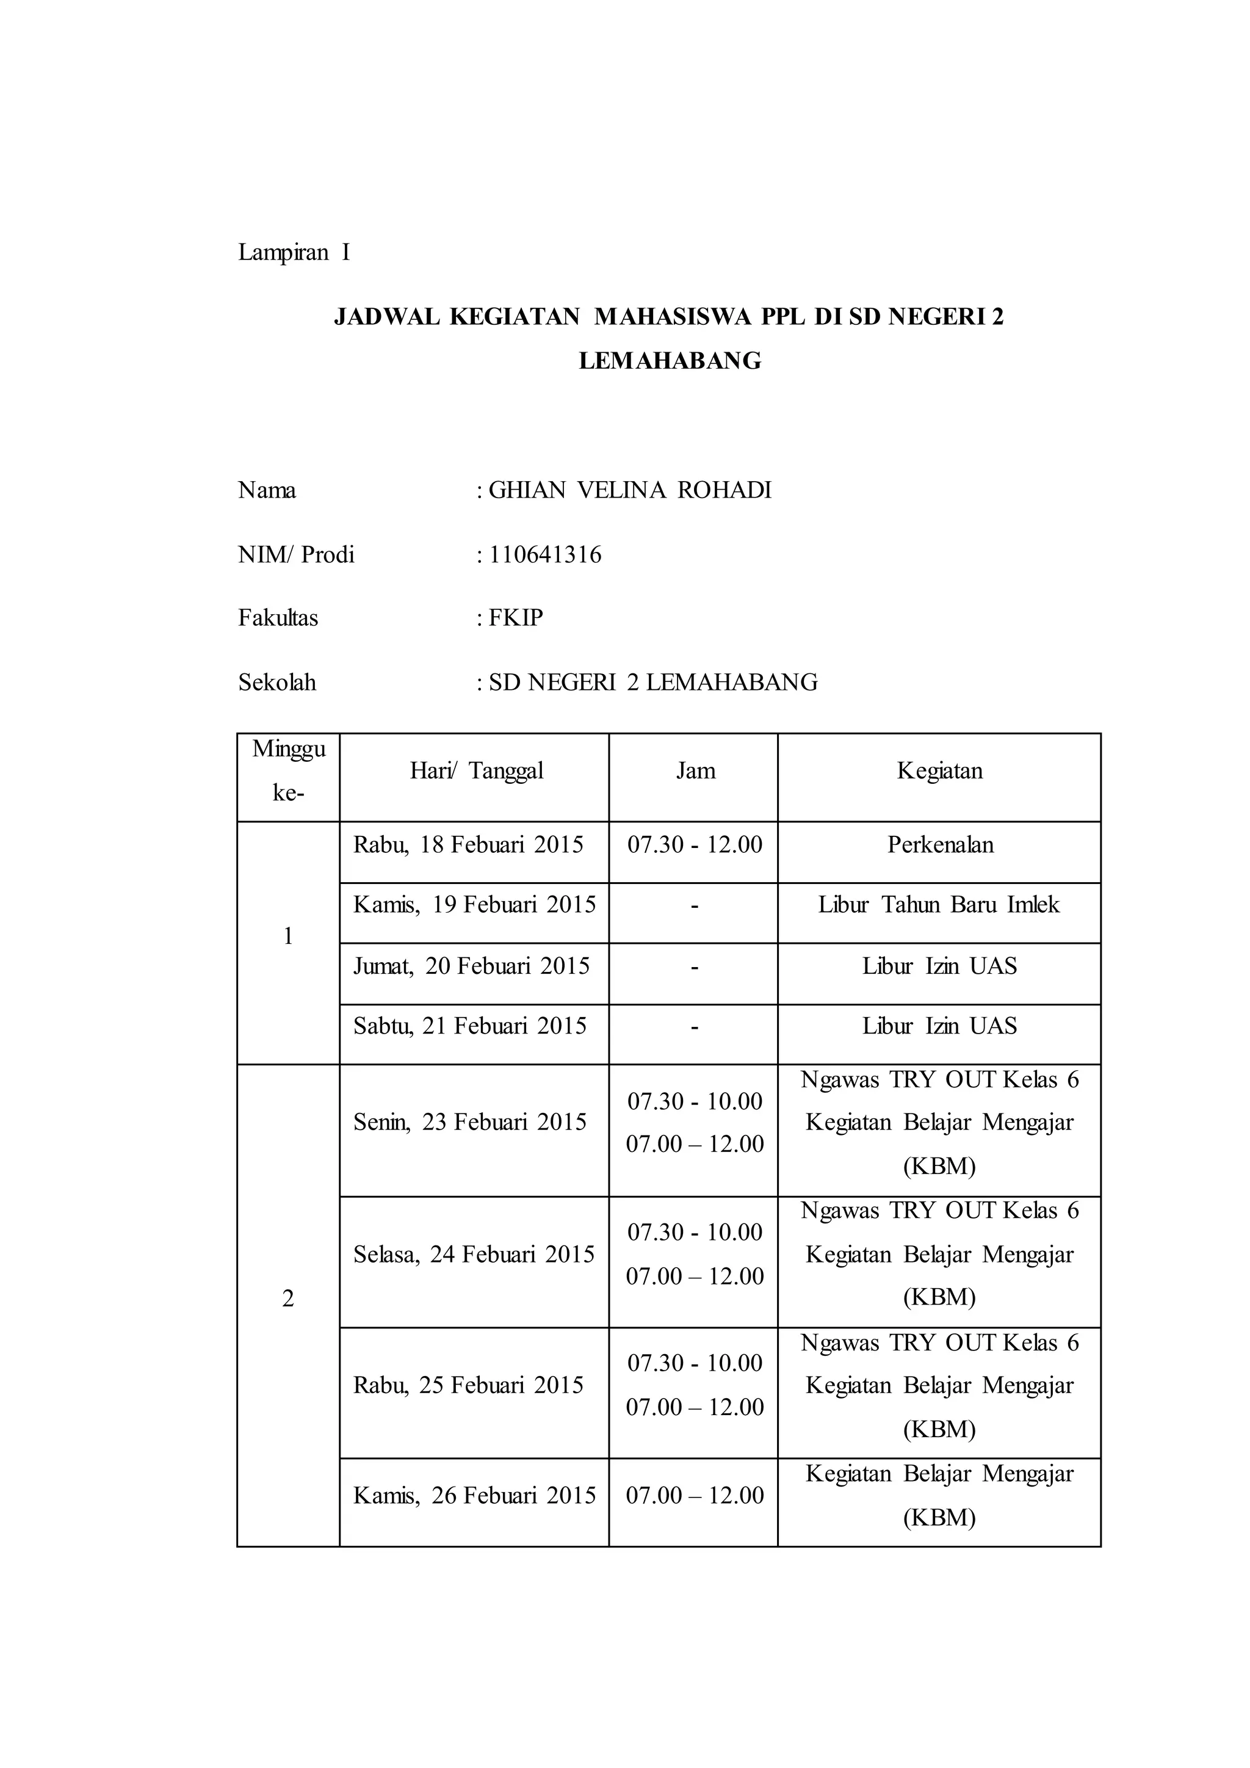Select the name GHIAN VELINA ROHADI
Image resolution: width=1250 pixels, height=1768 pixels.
click(x=630, y=490)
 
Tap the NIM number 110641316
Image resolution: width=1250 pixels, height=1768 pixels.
click(x=545, y=554)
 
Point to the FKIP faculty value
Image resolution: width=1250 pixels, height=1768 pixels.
click(x=516, y=618)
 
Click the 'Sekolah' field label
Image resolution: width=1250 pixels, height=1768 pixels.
click(x=277, y=683)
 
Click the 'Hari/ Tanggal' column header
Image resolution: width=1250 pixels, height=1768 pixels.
click(x=477, y=771)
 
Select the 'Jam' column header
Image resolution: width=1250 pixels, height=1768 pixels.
click(x=695, y=771)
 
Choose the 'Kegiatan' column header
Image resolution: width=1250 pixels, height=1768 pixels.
click(x=939, y=771)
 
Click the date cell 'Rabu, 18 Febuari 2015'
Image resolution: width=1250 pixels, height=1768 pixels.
click(x=468, y=845)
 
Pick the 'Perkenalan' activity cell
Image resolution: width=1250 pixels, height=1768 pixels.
click(x=940, y=845)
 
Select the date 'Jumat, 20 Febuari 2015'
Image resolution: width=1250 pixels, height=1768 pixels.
click(x=471, y=966)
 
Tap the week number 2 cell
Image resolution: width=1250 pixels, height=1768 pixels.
click(x=288, y=1299)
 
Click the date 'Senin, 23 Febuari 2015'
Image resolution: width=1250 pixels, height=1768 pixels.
click(x=469, y=1122)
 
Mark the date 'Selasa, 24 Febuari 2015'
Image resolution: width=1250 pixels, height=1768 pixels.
click(x=474, y=1255)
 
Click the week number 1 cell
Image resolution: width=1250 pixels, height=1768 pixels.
click(x=288, y=937)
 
